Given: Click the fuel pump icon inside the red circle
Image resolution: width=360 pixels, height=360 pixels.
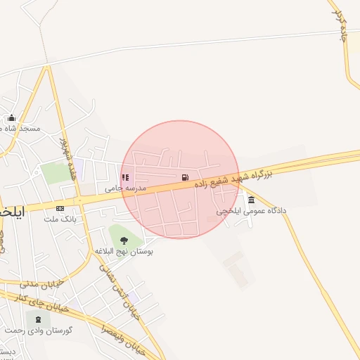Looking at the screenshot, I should [185, 177].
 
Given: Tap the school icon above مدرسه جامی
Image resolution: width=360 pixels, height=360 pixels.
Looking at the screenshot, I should [125, 178].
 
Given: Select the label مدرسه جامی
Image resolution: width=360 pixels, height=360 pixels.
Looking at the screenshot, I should [125, 188].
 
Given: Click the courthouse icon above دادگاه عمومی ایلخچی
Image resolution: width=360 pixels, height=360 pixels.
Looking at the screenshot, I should [251, 200].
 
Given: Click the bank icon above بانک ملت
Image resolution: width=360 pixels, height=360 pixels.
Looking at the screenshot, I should [60, 208].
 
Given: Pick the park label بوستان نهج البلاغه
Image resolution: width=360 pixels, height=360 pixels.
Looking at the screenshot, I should [124, 251].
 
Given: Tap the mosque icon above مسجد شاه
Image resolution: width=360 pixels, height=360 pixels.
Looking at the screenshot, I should [11, 118].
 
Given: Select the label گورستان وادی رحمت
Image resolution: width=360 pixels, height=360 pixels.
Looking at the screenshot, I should [38, 330].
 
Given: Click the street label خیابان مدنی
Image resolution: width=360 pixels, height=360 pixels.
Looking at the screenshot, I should [43, 283].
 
